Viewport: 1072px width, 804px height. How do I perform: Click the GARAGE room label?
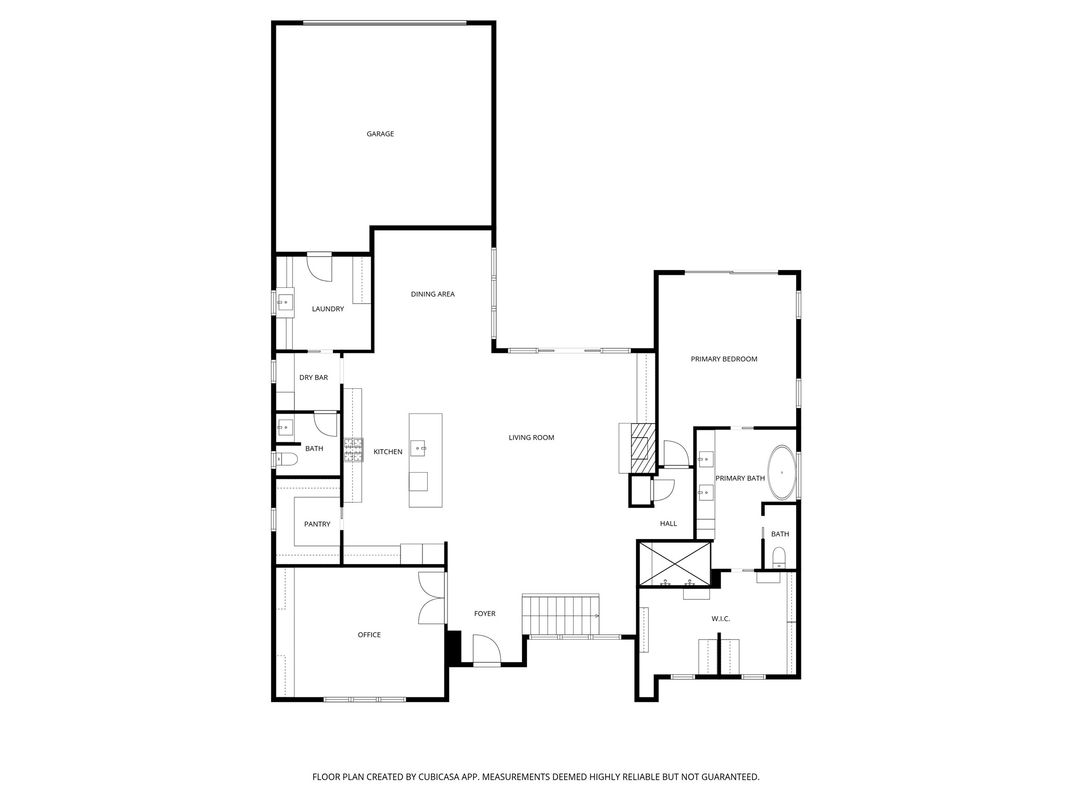coord(380,134)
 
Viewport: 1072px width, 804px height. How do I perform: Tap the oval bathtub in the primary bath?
coord(781,472)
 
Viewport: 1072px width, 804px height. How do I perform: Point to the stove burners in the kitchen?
coord(353,450)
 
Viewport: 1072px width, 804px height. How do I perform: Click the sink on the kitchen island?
coord(418,449)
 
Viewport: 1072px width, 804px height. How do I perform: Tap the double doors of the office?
coord(432,598)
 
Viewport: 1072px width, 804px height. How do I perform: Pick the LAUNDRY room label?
coord(328,309)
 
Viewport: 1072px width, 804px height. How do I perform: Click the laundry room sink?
coord(285,302)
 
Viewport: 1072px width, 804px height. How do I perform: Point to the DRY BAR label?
coord(314,377)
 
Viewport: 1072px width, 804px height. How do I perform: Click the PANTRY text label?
coord(317,524)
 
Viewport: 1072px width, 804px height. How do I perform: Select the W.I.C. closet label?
coord(720,619)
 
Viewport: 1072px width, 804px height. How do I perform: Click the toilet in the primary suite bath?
coord(779,558)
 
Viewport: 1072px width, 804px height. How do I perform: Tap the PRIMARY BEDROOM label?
coord(724,359)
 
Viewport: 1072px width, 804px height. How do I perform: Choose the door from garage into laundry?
coord(319,267)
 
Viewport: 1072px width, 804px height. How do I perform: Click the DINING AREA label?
coord(432,294)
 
